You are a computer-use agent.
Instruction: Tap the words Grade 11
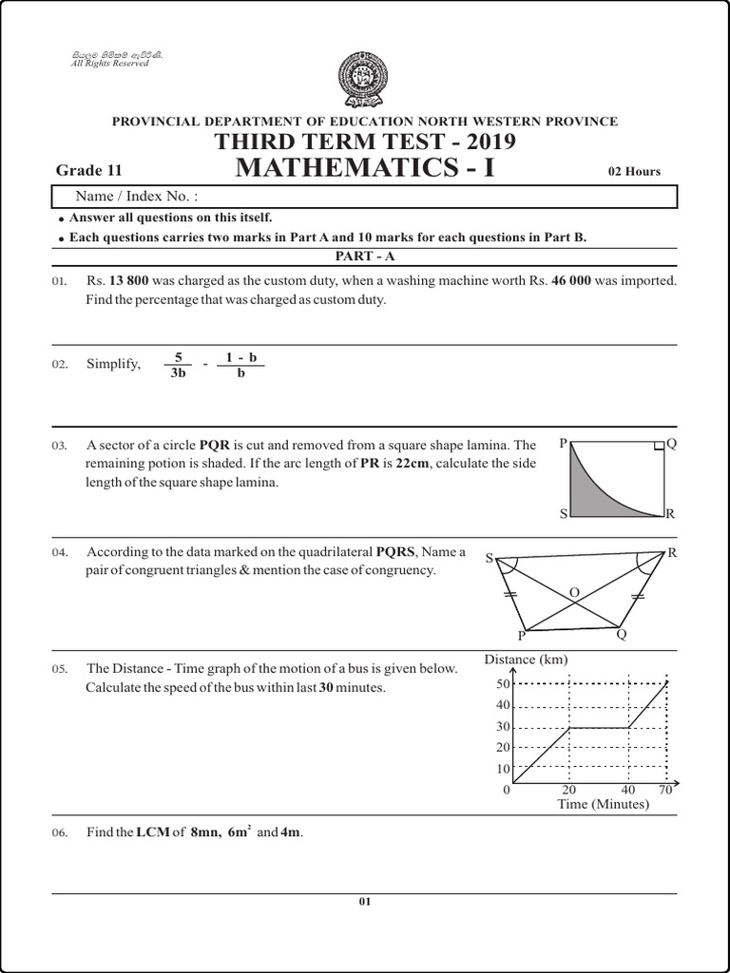tap(89, 170)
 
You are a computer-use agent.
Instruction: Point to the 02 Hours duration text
tap(634, 172)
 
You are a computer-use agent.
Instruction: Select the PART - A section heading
tap(364, 257)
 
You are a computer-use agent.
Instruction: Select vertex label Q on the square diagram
tap(672, 444)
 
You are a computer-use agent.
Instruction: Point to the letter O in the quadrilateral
tap(573, 593)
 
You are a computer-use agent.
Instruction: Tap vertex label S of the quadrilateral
tap(490, 559)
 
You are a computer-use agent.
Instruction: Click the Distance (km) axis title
tap(526, 659)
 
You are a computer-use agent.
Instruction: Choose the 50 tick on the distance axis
tap(504, 683)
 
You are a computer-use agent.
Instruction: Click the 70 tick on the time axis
tap(665, 790)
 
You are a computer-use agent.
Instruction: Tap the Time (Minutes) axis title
tap(603, 805)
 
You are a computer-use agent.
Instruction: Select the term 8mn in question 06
tap(204, 833)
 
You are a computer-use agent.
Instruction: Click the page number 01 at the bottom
tap(364, 902)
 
